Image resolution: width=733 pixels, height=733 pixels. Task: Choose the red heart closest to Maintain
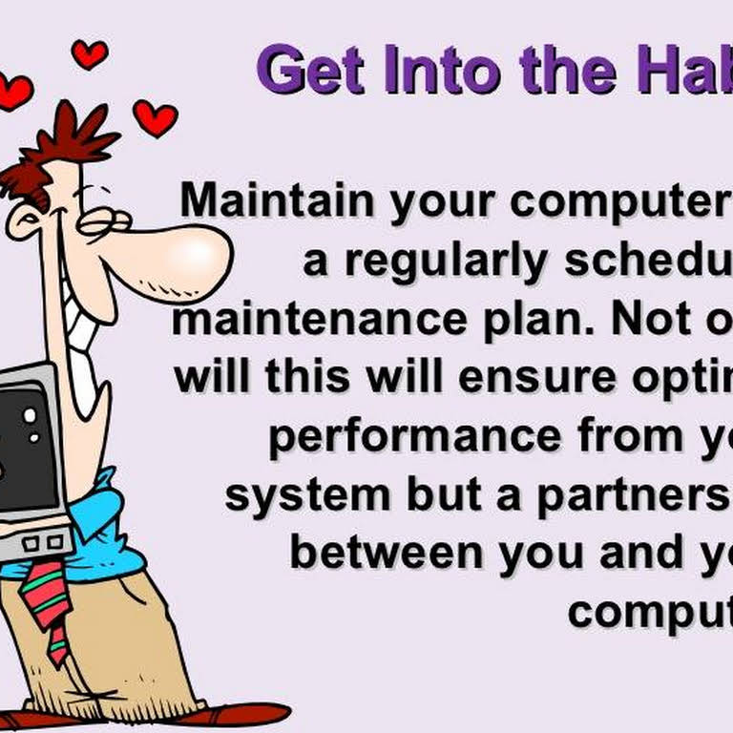pyautogui.click(x=155, y=117)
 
